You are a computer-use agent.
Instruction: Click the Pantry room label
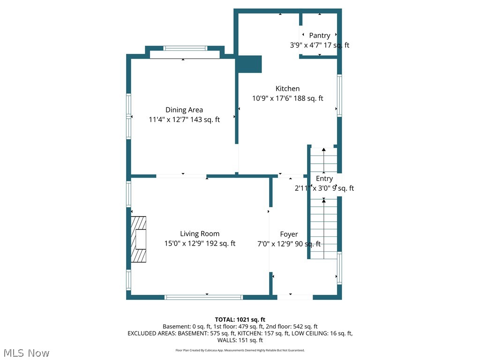(x=319, y=35)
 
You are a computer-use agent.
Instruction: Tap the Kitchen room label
(x=287, y=89)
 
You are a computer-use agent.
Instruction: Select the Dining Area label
(x=184, y=110)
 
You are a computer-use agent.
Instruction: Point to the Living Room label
(x=200, y=233)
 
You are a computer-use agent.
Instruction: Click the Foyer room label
(x=289, y=234)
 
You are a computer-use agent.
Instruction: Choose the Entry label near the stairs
(x=324, y=179)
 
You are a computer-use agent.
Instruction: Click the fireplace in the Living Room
(x=139, y=239)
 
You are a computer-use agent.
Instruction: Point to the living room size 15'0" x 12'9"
(x=185, y=243)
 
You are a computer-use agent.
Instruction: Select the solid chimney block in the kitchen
(x=249, y=64)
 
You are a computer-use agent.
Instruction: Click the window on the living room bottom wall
(x=203, y=297)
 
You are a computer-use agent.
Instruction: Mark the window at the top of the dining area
(x=185, y=48)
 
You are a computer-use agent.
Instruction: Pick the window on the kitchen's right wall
(x=339, y=95)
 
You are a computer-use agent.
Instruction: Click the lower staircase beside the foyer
(x=324, y=228)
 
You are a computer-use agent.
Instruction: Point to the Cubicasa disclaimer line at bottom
(x=240, y=350)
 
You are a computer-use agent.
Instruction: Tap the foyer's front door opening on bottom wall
(x=295, y=297)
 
